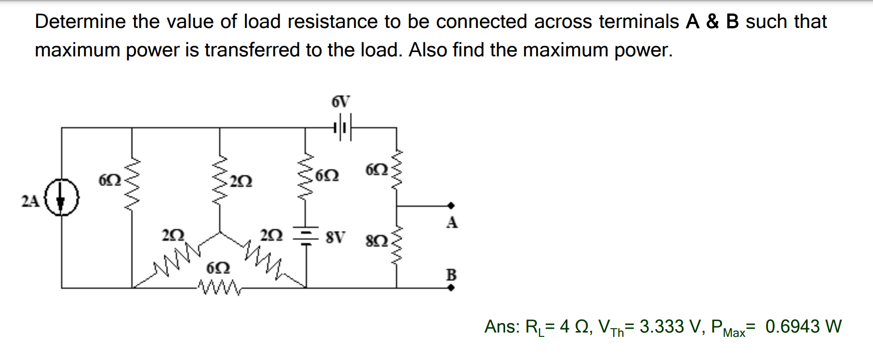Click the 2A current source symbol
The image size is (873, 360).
click(x=61, y=198)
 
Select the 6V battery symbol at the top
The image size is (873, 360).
click(x=342, y=128)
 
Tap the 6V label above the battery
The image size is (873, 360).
click(x=341, y=102)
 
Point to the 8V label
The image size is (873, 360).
click(x=336, y=237)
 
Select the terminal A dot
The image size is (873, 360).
click(x=451, y=206)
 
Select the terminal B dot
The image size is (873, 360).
click(x=451, y=288)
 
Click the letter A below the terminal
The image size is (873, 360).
click(x=452, y=222)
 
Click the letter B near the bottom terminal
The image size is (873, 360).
click(x=451, y=275)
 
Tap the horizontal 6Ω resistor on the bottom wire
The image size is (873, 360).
click(x=219, y=288)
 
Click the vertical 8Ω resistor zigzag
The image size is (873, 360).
click(x=397, y=246)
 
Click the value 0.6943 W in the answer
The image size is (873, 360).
click(x=803, y=327)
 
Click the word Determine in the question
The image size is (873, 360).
click(x=80, y=22)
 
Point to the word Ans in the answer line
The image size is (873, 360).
click(x=500, y=327)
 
